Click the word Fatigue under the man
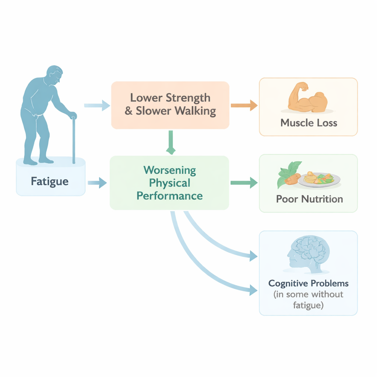click(x=50, y=181)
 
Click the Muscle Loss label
click(x=309, y=123)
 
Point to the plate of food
click(x=319, y=179)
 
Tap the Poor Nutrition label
click(x=309, y=199)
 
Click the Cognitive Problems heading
click(x=309, y=284)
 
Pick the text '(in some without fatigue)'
click(x=309, y=300)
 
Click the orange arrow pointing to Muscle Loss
click(x=244, y=106)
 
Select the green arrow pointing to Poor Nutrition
click(x=244, y=182)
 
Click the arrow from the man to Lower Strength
click(x=97, y=106)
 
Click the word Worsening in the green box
click(x=170, y=170)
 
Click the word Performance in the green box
click(x=170, y=195)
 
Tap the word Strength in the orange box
click(x=188, y=98)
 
